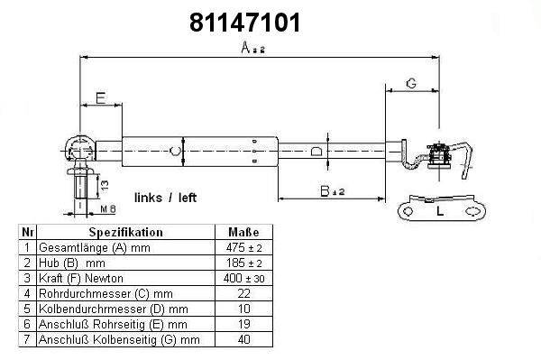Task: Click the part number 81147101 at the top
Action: point(245,23)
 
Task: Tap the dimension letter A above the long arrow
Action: point(245,47)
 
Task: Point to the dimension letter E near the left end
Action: point(101,97)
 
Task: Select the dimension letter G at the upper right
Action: point(411,83)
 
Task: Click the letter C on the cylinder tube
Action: point(175,151)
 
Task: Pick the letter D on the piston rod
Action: point(316,151)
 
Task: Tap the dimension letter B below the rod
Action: point(325,191)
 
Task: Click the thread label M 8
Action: point(108,208)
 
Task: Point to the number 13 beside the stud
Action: point(105,185)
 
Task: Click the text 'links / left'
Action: point(165,198)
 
